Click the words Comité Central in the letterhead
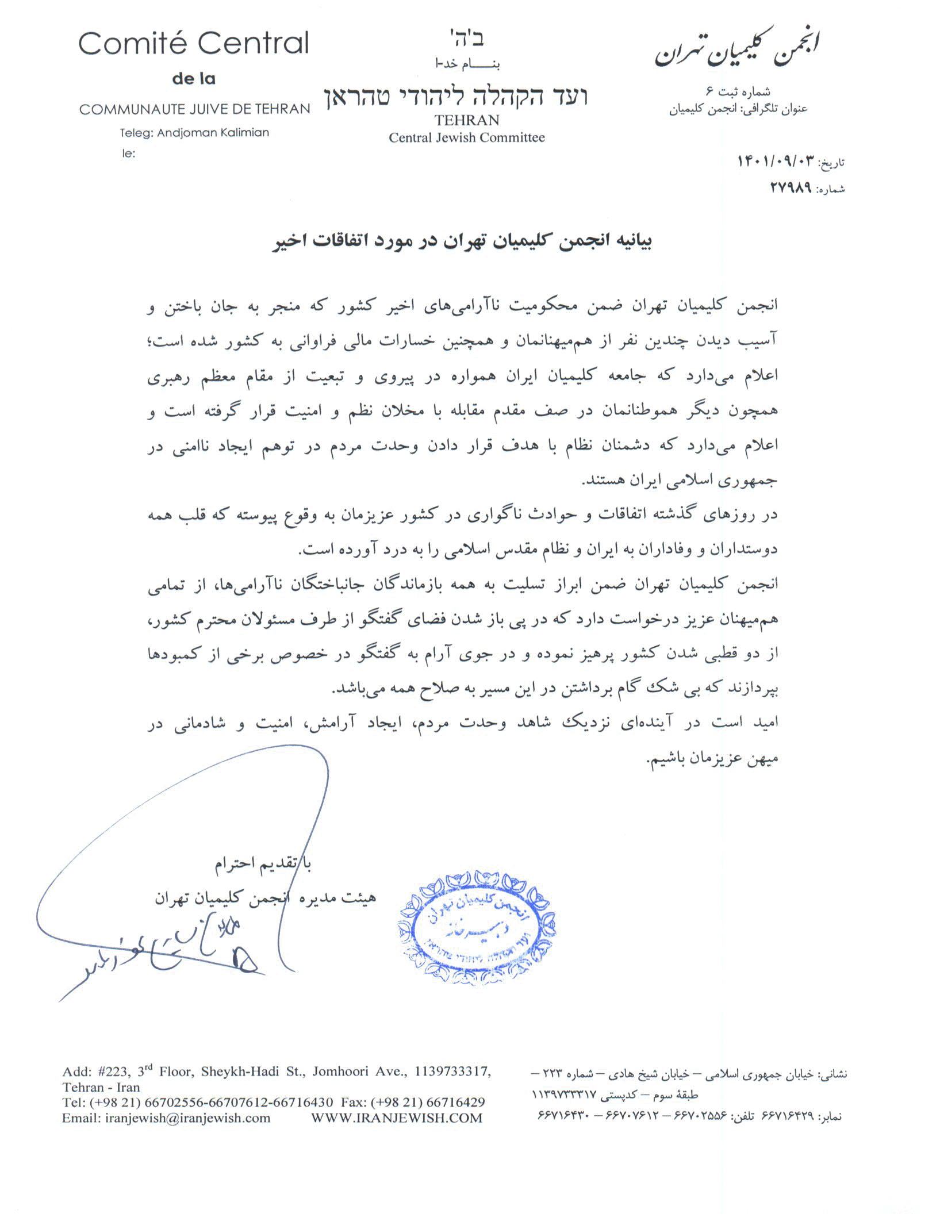tap(193, 44)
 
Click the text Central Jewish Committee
tap(466, 138)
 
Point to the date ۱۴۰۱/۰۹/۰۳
tap(776, 162)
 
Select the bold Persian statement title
tap(462, 241)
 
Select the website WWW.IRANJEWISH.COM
tap(397, 1118)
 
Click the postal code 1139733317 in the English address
tap(452, 1071)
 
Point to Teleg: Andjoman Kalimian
tap(194, 133)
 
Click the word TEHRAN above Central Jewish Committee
tap(467, 120)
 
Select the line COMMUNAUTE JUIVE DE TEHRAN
tap(194, 109)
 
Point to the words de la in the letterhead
tap(194, 79)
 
